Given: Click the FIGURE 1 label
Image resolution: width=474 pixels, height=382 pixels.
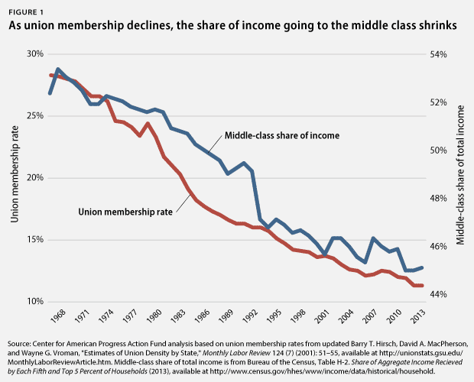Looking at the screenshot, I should point(27,9).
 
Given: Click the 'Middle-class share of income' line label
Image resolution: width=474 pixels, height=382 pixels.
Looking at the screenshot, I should point(281,136).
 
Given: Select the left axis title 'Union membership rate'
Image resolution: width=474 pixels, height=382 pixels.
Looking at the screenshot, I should point(15,177).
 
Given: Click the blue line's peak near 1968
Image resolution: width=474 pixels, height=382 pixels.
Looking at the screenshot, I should point(58,70).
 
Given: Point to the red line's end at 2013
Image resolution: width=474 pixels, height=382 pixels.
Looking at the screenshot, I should point(420,285).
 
